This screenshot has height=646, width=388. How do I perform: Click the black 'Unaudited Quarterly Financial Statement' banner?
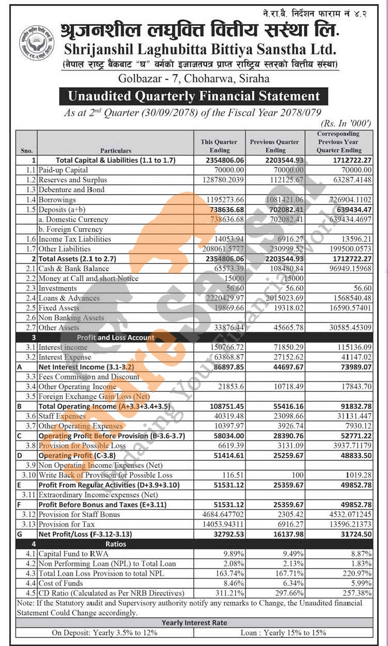(x=194, y=96)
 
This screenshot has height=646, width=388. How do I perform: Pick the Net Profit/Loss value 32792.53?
(x=227, y=534)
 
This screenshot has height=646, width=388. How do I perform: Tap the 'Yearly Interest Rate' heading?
(x=194, y=623)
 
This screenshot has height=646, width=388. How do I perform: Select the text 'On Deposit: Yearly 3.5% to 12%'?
(x=105, y=633)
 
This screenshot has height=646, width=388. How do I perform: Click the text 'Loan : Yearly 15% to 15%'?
(x=283, y=633)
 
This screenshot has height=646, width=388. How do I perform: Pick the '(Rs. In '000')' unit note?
(x=346, y=123)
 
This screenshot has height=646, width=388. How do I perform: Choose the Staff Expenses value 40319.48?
(x=227, y=416)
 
